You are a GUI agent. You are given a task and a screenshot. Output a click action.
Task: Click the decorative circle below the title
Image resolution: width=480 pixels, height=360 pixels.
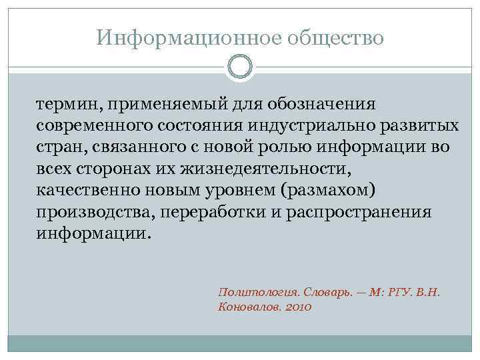click(240, 67)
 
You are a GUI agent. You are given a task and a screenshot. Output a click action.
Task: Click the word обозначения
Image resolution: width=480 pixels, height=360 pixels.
click(322, 105)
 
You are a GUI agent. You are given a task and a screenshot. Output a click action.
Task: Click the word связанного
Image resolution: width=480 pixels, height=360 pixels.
click(135, 148)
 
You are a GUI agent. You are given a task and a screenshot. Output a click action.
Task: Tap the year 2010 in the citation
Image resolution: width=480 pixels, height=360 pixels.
click(297, 307)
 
